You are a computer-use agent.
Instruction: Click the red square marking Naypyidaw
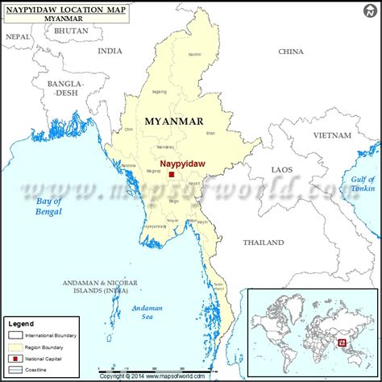[x=172, y=173]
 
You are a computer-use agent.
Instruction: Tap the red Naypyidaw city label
[x=183, y=163]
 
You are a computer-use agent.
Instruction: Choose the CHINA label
[x=290, y=51]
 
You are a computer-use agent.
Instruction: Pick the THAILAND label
[x=264, y=242]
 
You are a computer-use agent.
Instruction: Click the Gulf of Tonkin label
[x=364, y=183]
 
